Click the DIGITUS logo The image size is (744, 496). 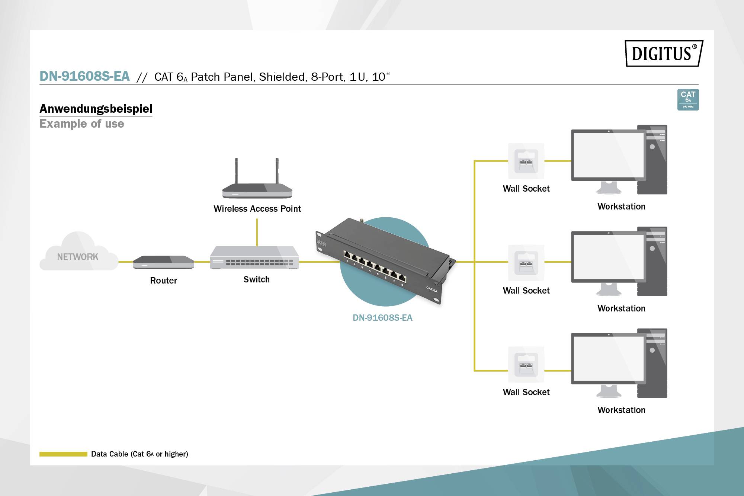(664, 54)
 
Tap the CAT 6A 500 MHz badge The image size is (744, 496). (688, 100)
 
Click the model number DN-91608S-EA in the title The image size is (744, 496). (84, 76)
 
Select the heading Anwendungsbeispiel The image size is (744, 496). (96, 109)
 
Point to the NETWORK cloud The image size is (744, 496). (78, 255)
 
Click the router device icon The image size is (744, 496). (163, 262)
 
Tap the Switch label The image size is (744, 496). (256, 279)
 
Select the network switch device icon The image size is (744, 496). (254, 257)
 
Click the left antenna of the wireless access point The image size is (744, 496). (236, 171)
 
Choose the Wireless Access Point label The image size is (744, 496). (257, 209)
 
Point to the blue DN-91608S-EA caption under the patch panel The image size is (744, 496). (382, 318)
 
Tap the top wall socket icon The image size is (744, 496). (526, 161)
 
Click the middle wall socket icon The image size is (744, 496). (526, 263)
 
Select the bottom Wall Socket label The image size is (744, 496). (526, 392)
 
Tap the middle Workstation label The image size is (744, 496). (621, 308)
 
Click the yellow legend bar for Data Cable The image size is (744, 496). (63, 454)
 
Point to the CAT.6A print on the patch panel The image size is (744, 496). (432, 289)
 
